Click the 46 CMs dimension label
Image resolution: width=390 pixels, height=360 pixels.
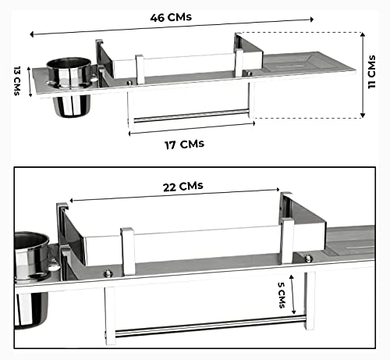click(x=171, y=17)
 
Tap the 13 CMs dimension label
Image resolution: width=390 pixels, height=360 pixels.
click(x=17, y=80)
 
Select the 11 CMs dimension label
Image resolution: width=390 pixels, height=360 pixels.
click(x=372, y=72)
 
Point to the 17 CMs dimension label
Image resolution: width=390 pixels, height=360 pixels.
click(x=184, y=144)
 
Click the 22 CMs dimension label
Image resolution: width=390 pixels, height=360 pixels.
click(x=183, y=187)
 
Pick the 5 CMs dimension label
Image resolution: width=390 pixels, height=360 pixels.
click(x=282, y=295)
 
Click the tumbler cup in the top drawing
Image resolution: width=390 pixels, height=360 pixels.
click(x=69, y=86)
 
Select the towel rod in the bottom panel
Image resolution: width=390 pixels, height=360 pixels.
click(x=210, y=326)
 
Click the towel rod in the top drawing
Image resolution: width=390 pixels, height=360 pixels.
click(x=191, y=116)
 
